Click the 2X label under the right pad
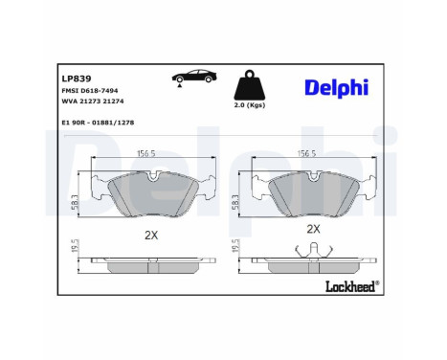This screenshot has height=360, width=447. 312,230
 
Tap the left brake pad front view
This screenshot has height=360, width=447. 148,194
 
